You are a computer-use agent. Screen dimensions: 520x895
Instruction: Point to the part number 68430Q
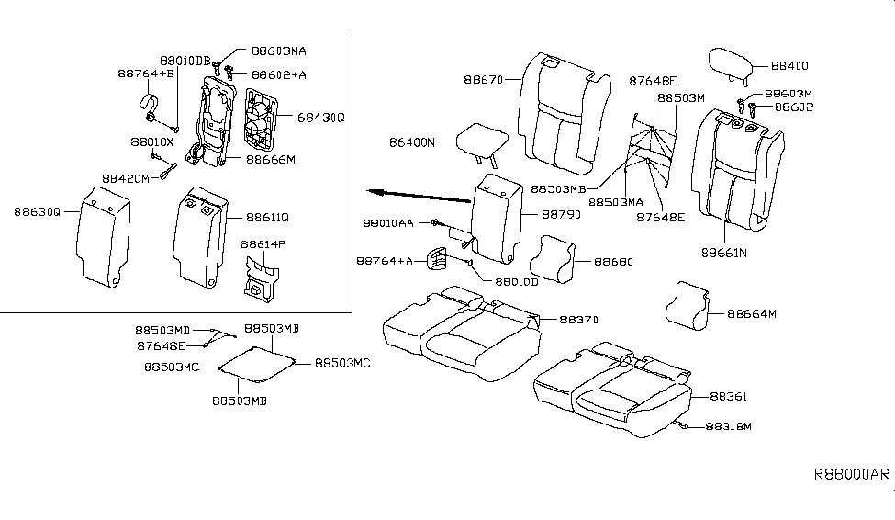(x=319, y=118)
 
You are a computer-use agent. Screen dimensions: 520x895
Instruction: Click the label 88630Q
(x=36, y=211)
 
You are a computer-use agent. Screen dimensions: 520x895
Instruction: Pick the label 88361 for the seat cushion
(x=730, y=397)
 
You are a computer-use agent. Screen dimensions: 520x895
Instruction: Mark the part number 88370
(x=578, y=320)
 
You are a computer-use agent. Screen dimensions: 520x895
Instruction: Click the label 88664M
(x=752, y=313)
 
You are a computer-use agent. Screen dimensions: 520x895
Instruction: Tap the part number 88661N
(x=723, y=250)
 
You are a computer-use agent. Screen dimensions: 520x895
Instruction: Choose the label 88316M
(x=729, y=426)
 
